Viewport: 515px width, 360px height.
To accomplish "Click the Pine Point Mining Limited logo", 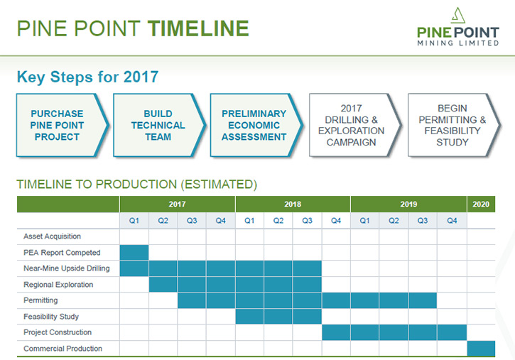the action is (x=458, y=27).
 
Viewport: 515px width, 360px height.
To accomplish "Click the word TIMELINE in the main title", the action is (x=198, y=28).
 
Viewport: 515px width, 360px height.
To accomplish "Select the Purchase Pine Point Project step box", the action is (x=63, y=125).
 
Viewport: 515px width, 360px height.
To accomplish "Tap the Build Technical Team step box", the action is (x=159, y=125).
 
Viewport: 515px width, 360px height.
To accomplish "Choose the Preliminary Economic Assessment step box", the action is (x=256, y=125).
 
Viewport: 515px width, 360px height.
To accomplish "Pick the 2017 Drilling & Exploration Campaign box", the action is (x=355, y=125).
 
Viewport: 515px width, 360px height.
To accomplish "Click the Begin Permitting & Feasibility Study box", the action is (x=454, y=125).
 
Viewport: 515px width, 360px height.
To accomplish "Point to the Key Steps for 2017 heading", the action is (x=87, y=77).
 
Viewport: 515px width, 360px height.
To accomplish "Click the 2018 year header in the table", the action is (x=293, y=204).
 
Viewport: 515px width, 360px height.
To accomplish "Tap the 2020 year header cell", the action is (x=481, y=204).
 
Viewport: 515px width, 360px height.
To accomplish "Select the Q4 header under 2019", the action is (x=452, y=221).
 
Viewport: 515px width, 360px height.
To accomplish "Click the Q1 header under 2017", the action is (x=134, y=221).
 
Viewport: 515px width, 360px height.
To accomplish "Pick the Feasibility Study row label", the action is (x=51, y=317).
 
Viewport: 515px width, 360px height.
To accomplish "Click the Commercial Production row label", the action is (x=63, y=349).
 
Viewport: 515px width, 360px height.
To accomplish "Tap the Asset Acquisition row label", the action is (x=52, y=236).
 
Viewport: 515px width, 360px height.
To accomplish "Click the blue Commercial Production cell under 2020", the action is (x=481, y=349).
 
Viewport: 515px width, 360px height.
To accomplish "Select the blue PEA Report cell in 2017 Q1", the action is (x=134, y=252).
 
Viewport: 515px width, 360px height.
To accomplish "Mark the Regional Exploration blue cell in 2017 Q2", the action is (x=163, y=285).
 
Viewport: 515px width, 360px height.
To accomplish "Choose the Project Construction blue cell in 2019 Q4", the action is (x=452, y=332).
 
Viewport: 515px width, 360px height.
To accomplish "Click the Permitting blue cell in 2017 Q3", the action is (x=192, y=300).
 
